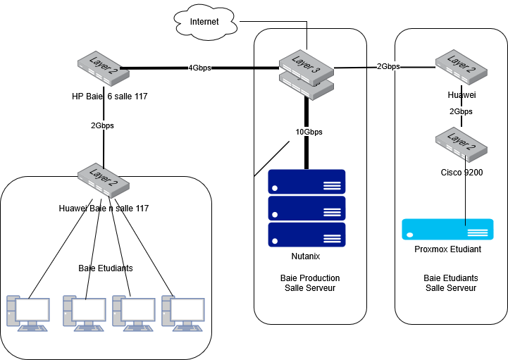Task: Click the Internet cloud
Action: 204,22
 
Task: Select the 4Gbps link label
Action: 199,68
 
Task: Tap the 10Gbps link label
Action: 309,132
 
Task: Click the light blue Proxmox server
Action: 447,230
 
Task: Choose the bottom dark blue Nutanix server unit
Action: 306,235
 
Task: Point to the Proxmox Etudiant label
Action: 447,250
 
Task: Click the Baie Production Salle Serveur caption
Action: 309,283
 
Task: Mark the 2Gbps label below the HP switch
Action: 102,125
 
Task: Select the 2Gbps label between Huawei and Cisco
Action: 461,111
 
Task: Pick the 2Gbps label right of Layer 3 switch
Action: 388,66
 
